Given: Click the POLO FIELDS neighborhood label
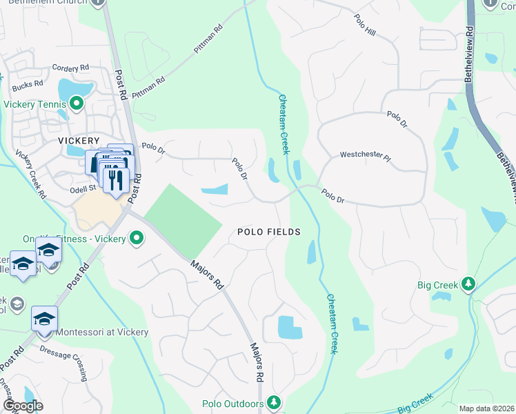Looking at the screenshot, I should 269,232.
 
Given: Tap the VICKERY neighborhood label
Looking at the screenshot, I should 79,139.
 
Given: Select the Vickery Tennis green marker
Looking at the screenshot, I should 76,105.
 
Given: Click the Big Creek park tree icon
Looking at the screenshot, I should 468,284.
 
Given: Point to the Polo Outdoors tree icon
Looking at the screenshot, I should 274,402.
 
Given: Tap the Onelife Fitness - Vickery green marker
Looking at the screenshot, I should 137,239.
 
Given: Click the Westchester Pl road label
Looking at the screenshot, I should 366,156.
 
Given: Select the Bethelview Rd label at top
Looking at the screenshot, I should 469,55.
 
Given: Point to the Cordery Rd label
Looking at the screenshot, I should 71,68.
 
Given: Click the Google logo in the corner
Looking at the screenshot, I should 23,406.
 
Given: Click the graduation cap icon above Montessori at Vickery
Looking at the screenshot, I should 44,318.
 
